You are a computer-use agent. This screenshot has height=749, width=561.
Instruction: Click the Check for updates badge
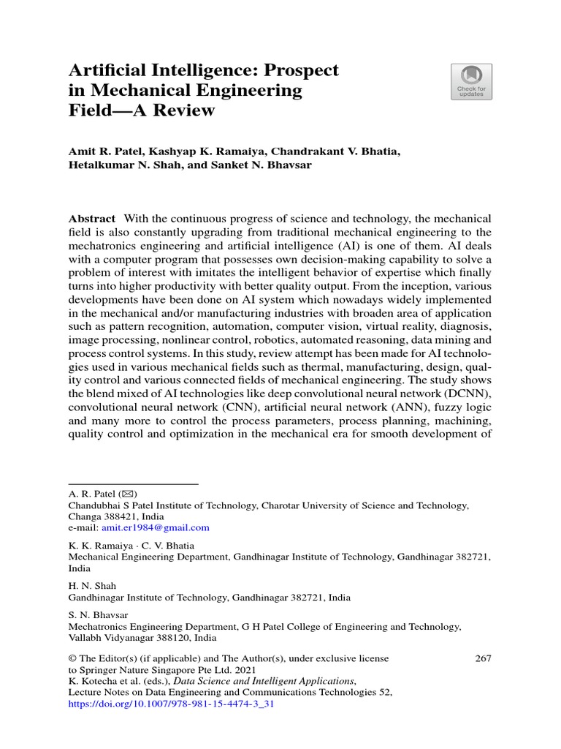click(471, 81)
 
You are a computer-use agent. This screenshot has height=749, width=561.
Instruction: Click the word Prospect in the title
click(301, 71)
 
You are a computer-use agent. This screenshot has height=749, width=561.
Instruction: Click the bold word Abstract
click(91, 219)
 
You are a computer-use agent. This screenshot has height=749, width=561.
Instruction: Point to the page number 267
click(483, 658)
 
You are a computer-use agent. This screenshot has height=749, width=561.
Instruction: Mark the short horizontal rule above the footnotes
click(134, 483)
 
